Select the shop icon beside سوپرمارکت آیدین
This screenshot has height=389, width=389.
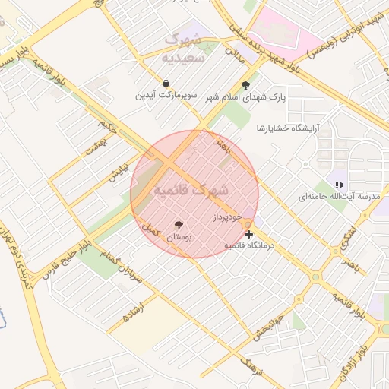[x=166, y=83]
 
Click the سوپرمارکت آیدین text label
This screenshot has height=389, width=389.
[x=166, y=96]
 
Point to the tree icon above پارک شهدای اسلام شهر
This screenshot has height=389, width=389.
[x=245, y=85]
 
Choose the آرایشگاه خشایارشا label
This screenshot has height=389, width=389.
[x=288, y=126]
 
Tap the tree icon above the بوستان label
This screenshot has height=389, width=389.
[x=179, y=225]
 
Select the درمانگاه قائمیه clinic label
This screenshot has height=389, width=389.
[x=249, y=245]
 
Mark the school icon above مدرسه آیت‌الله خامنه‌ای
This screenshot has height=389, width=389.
[x=339, y=184]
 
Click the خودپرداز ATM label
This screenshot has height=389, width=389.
[x=227, y=217]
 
